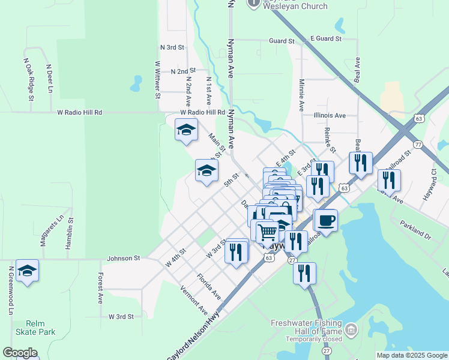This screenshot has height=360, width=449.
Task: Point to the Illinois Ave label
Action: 330,115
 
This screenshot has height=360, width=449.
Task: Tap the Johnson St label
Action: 123,258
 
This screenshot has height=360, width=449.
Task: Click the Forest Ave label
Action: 100,287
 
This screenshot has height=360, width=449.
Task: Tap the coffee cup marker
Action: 325,220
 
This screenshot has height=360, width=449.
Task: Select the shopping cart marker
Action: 267,231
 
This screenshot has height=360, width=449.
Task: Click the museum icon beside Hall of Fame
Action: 351,329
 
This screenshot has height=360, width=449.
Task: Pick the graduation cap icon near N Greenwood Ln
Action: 27,271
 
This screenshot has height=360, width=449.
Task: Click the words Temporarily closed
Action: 306,338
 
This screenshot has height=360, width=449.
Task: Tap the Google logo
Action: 20,353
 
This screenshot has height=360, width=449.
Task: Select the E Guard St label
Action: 325,38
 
